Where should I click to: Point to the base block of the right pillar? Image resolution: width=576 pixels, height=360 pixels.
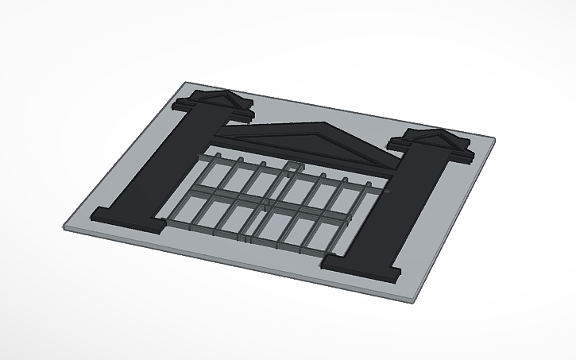tap(361, 268)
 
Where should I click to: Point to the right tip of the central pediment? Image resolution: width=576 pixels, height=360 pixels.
tap(391, 167)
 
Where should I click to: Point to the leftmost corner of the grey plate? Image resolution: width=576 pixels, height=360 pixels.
tap(63, 226)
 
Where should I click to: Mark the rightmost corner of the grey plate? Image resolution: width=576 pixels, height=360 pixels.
tap(496, 142)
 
